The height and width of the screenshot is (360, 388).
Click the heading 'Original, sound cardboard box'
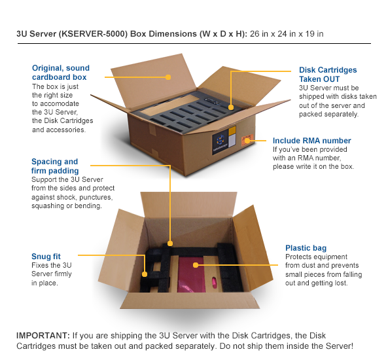click(x=61, y=73)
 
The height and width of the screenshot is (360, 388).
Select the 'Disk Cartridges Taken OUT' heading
click(x=328, y=74)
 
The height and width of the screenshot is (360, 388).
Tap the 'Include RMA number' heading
click(x=311, y=141)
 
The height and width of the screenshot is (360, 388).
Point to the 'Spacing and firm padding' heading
click(x=54, y=166)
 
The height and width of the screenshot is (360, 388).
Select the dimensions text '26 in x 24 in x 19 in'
click(x=286, y=33)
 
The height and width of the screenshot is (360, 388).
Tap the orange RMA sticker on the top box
click(x=249, y=140)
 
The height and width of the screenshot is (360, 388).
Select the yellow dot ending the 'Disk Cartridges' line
click(x=231, y=104)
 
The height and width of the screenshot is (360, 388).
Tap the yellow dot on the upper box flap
click(x=168, y=77)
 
